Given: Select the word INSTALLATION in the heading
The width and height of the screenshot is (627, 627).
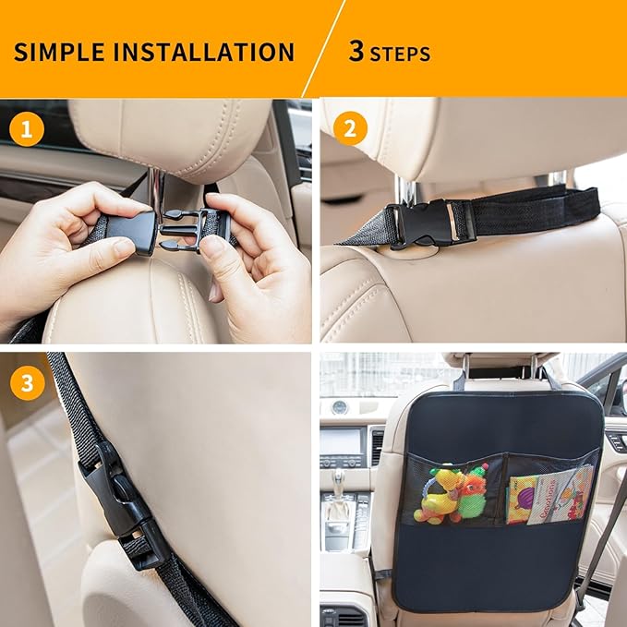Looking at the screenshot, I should point(205,51).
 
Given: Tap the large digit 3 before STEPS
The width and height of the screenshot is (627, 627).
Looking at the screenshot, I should point(356,51).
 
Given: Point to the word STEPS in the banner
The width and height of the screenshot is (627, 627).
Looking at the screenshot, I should point(400,54).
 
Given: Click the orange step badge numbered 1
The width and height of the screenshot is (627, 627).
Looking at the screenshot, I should point(27,129).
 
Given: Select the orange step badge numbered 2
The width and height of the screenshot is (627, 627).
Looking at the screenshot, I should point(349,129).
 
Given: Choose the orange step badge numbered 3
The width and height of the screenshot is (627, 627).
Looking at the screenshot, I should point(27,383).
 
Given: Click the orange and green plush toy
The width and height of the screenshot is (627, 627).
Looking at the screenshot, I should point(474,495).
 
